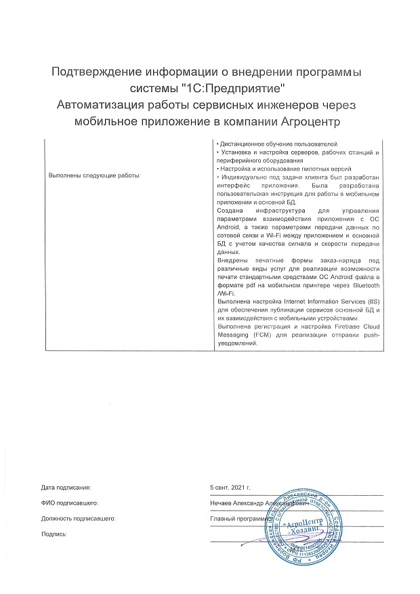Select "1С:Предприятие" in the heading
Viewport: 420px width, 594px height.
pos(236,89)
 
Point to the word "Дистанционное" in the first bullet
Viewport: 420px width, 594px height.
pos(237,145)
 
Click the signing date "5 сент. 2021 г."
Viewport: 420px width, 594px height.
pos(230,487)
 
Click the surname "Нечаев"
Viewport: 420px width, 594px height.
pos(224,503)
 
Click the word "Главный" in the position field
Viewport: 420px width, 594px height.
pos(224,518)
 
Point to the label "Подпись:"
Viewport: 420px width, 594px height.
pos(54,534)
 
